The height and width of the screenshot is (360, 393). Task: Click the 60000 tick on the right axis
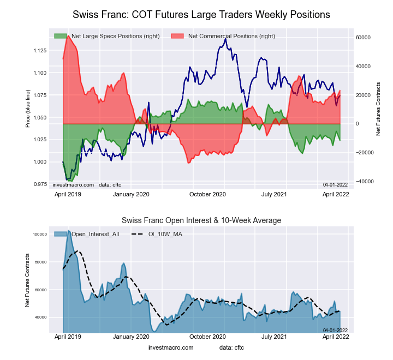pyautogui.click(x=364, y=38)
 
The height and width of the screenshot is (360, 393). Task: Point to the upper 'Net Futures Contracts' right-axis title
pyautogui.click(x=378, y=109)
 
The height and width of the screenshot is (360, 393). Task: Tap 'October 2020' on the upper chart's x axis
pyautogui.click(x=207, y=194)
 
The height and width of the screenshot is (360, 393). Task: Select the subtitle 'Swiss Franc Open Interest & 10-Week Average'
pyautogui.click(x=201, y=220)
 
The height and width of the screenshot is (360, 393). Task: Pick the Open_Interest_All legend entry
pyautogui.click(x=93, y=235)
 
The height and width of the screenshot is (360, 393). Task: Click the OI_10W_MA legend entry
pyautogui.click(x=164, y=235)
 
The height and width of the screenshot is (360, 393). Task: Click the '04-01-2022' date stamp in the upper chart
pyautogui.click(x=335, y=185)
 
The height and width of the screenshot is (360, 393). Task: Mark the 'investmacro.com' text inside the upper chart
pyautogui.click(x=73, y=185)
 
